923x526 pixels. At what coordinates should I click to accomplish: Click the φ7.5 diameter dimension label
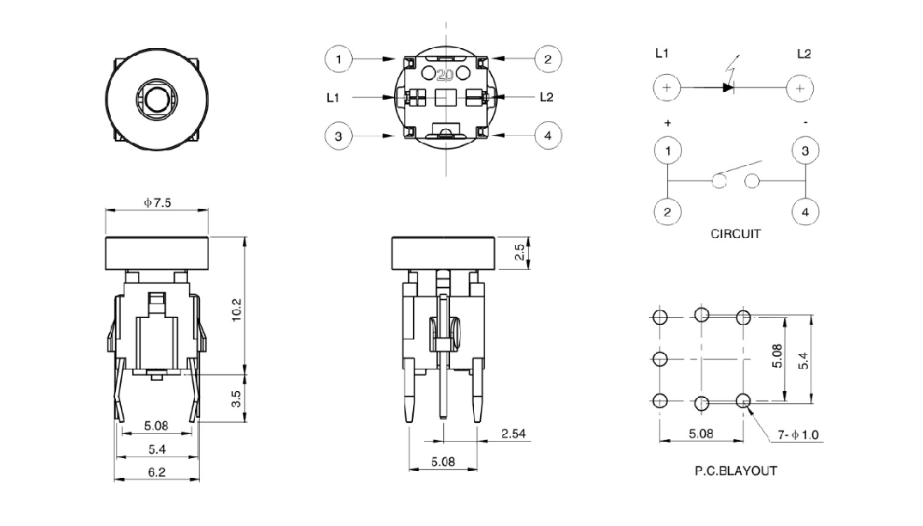tap(157, 203)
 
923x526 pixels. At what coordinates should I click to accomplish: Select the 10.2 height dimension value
tap(237, 309)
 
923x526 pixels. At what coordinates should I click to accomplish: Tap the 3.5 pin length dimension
tap(237, 399)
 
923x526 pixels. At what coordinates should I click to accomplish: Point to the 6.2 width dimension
tap(156, 472)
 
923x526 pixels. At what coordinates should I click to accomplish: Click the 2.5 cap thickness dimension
tap(519, 253)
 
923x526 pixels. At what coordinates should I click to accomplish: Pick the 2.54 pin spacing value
tap(513, 433)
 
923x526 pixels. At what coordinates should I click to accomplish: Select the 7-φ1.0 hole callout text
tap(799, 435)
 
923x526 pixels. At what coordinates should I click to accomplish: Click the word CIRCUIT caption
tap(736, 234)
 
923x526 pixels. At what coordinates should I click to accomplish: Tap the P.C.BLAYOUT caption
tap(736, 471)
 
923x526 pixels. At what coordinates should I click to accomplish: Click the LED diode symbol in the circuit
tap(728, 88)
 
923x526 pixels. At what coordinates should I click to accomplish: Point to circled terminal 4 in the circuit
tap(805, 212)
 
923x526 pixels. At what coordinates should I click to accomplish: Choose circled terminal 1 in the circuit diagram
tap(667, 150)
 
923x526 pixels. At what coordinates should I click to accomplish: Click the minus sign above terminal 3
tap(805, 123)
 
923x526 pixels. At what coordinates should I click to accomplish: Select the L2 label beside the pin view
tap(546, 97)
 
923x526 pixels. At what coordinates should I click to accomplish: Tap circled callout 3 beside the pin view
tap(338, 136)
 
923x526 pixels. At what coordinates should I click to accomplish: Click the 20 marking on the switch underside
tap(445, 75)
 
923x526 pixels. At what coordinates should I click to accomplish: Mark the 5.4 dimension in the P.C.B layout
tap(803, 361)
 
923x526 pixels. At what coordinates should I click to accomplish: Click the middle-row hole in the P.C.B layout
tap(660, 358)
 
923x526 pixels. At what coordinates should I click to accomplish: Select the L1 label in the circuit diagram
tap(662, 53)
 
